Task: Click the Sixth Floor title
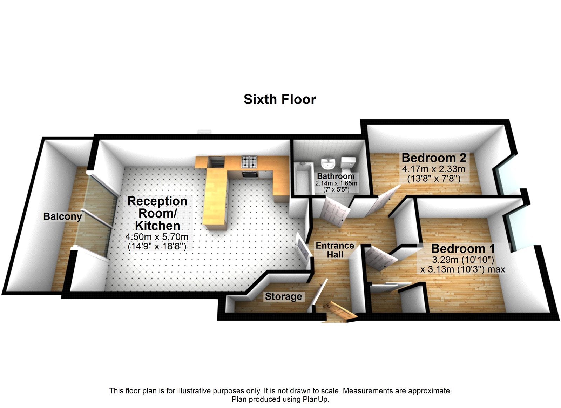pos(280,100)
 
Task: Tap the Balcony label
pos(62,216)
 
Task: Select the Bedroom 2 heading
pos(434,158)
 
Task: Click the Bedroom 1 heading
pos(463,249)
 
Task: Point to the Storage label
pos(283,297)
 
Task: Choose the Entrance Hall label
pos(335,250)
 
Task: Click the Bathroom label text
pos(336,176)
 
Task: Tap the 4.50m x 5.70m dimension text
pos(157,237)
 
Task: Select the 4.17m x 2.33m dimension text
pos(433,169)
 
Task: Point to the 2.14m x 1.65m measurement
pos(336,183)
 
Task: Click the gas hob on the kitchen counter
pos(249,162)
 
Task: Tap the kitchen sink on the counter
pos(216,162)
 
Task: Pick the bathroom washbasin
pos(329,163)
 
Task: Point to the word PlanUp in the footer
pos(315,399)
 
